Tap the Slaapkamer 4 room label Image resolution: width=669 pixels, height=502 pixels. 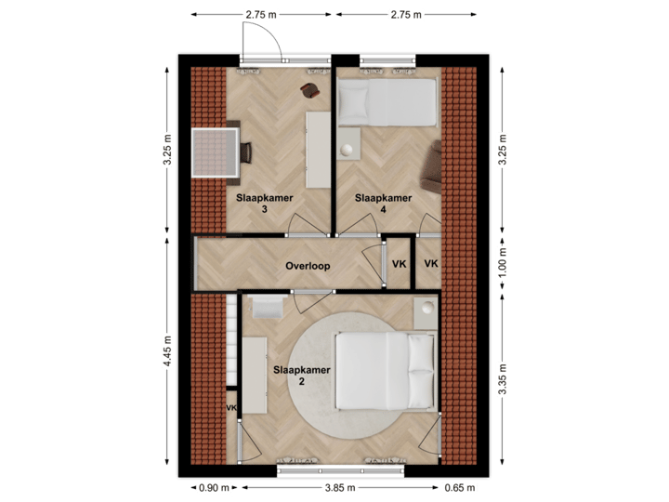384,204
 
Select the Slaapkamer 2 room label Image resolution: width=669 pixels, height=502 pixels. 302,375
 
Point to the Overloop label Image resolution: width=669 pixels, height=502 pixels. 308,266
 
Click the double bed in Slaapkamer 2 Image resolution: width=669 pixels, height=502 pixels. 384,371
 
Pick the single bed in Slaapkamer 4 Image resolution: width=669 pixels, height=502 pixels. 387,101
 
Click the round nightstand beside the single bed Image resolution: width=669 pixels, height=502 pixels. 348,147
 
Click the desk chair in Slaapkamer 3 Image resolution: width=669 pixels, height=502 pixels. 247,152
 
